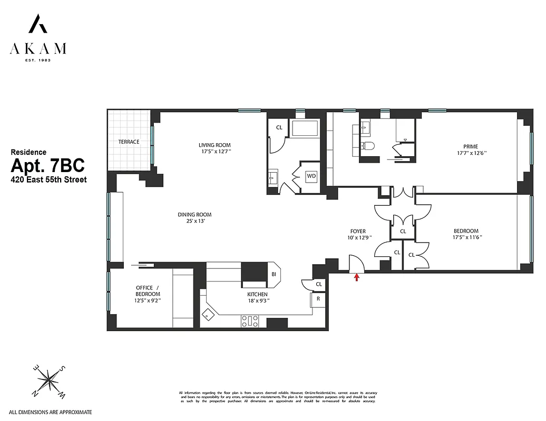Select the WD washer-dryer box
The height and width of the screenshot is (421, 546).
(311, 175)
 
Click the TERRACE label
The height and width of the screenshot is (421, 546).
(129, 142)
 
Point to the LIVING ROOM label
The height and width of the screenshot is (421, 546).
(214, 145)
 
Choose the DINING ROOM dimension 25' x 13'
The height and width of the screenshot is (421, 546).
(194, 222)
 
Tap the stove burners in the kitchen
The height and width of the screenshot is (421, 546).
(250, 320)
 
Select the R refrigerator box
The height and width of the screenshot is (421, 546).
(318, 299)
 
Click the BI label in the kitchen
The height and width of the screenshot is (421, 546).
(274, 274)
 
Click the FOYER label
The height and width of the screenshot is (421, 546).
(358, 231)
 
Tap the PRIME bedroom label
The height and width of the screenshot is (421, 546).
(471, 146)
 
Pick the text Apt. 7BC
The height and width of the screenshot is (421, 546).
(47, 166)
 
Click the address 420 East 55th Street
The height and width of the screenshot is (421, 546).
(48, 179)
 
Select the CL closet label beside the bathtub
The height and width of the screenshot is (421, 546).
(279, 127)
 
